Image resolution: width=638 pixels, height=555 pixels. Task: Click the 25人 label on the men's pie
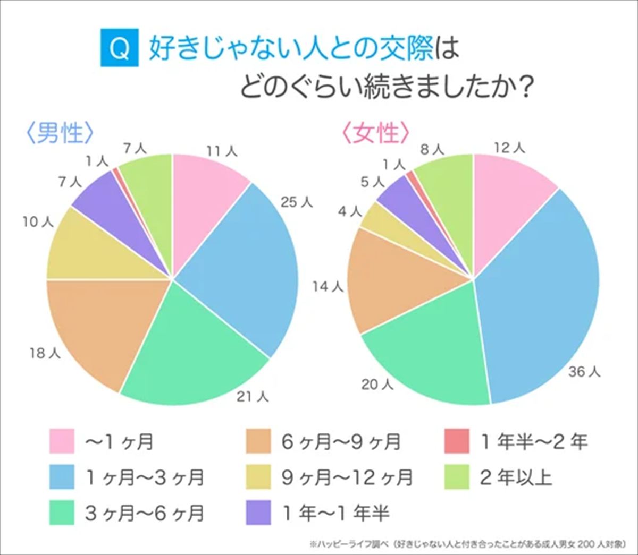[x=297, y=202]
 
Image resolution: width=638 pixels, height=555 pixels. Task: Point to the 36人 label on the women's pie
[x=584, y=372]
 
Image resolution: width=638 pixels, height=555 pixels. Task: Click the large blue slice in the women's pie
[x=537, y=297]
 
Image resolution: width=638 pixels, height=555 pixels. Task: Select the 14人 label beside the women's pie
[x=328, y=287]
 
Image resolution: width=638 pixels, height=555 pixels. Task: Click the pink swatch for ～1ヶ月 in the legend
[x=62, y=441]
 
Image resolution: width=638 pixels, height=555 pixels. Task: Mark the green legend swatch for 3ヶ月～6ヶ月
[x=62, y=513]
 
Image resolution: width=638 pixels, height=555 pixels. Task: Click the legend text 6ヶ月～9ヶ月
[x=341, y=441]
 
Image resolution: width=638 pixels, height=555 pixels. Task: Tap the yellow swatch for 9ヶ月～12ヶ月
[x=258, y=477]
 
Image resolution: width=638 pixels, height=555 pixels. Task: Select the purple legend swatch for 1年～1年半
[x=258, y=513]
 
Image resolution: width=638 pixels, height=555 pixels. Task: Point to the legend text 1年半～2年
[x=534, y=441]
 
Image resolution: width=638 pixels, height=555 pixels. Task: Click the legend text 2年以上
[x=516, y=477]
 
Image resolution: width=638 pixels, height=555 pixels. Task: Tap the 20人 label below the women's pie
[x=377, y=385]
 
